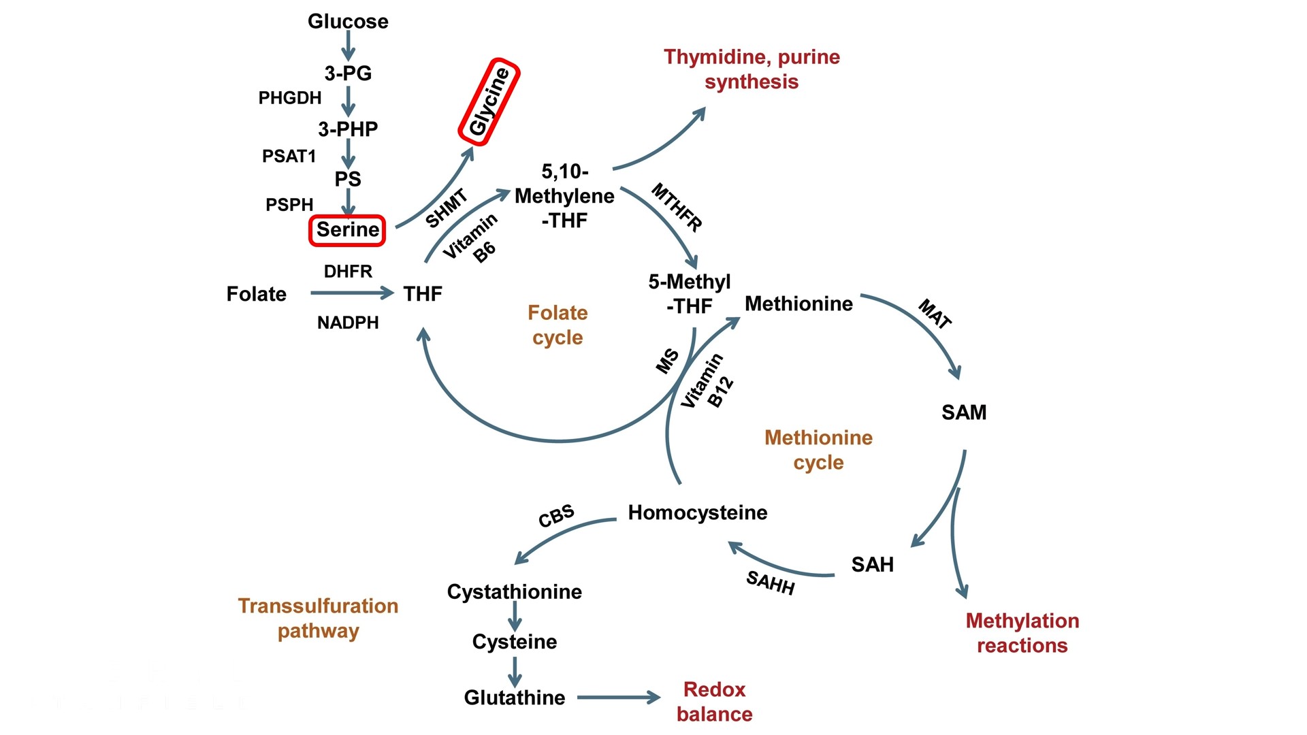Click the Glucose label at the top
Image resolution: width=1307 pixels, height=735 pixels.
[x=348, y=21]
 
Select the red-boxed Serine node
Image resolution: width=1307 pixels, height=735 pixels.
[x=347, y=230]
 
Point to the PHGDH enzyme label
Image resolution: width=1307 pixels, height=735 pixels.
[x=289, y=98]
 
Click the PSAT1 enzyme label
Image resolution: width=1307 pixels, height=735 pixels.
[x=289, y=156]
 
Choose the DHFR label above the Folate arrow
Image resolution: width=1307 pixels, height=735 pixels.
[x=348, y=272]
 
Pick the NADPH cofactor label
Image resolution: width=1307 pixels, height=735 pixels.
[x=348, y=323]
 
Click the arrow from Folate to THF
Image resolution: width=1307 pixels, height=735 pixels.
[x=351, y=293]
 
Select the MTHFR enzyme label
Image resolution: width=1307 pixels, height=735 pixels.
[x=676, y=207]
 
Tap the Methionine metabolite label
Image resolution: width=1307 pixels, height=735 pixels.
[x=798, y=304]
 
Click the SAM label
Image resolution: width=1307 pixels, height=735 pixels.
[x=964, y=412]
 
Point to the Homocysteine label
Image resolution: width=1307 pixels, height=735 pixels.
[x=697, y=512]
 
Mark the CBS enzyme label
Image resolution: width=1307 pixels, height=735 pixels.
[x=556, y=516]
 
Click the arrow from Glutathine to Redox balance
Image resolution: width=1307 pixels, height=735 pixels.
[x=618, y=698]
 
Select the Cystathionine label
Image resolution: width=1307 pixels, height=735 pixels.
[x=514, y=591]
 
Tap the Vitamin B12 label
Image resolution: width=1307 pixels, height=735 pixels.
[x=707, y=382]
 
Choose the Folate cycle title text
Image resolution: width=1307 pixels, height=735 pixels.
[x=558, y=325]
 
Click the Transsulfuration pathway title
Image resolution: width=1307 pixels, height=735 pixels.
[x=318, y=618]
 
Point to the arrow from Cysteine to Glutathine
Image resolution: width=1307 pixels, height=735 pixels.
[x=515, y=670]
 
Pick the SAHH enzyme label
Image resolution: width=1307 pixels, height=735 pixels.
[x=770, y=583]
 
